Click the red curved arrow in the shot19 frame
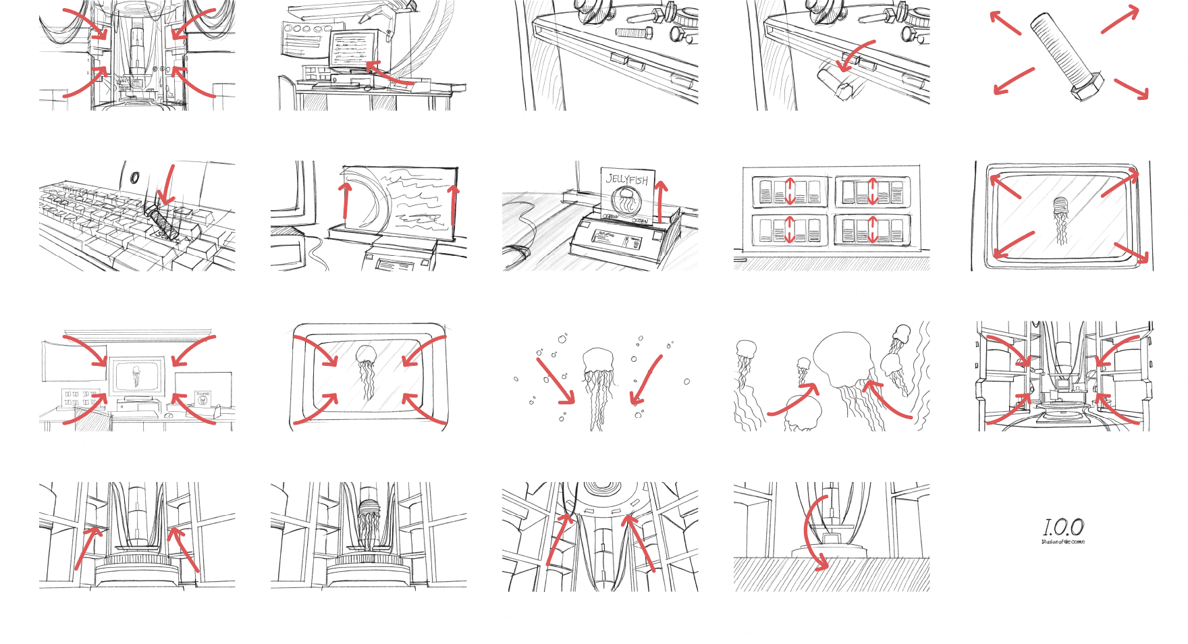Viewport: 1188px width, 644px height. coord(812,533)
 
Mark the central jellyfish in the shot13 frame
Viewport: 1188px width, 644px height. coord(598,375)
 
